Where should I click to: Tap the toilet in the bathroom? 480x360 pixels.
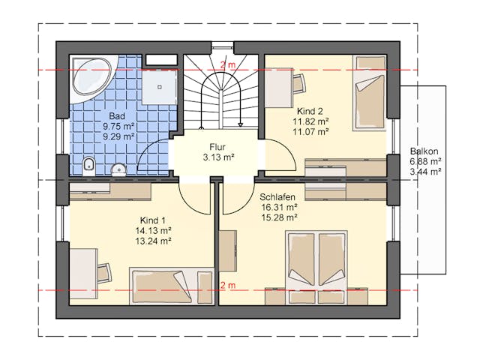point(89,166)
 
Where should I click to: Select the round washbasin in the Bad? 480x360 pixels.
point(118,169)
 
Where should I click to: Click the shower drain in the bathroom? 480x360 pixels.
point(160,87)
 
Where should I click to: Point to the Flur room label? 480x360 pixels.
point(217,147)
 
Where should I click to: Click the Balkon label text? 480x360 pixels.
point(424,151)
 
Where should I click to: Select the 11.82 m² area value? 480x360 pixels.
point(310,121)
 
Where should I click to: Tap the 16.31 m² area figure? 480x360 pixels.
point(280,207)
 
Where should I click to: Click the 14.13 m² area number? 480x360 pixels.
point(153,230)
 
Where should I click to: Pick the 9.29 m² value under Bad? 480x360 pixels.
point(118,136)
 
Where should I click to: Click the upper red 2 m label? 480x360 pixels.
point(228,65)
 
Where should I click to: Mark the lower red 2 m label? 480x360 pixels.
point(228,285)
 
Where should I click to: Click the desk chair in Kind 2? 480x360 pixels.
point(299,83)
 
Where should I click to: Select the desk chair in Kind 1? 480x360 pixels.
point(105,274)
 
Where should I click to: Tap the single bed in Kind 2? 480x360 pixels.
point(370,93)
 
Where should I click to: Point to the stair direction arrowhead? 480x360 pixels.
point(241,124)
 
